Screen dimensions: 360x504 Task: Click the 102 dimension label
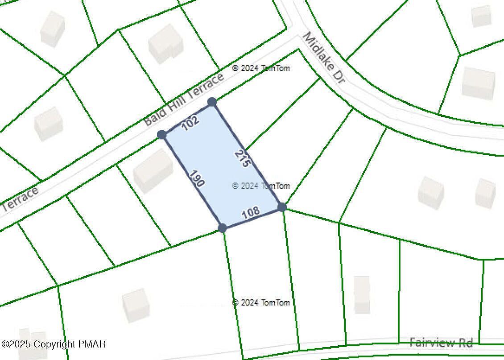pos(190,123)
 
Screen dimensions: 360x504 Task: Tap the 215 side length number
pos(241,158)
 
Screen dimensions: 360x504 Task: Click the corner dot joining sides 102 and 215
pos(212,102)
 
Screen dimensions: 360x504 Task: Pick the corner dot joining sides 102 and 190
pos(162,134)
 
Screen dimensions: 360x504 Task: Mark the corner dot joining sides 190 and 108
pos(223,228)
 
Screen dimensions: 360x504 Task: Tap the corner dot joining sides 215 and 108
pos(282,207)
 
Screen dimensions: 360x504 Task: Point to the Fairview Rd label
pos(441,343)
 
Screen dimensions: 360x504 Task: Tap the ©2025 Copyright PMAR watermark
pos(54,344)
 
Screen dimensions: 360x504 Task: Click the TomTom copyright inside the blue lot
pos(261,186)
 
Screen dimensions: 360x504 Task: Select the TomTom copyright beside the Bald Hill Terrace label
pos(261,68)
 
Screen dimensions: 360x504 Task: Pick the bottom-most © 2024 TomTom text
pos(261,302)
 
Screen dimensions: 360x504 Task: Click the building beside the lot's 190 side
pos(153,170)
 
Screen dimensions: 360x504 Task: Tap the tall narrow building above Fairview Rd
pos(362,294)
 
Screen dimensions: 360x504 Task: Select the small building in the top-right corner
pos(481,16)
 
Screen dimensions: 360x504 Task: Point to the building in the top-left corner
pos(53,29)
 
